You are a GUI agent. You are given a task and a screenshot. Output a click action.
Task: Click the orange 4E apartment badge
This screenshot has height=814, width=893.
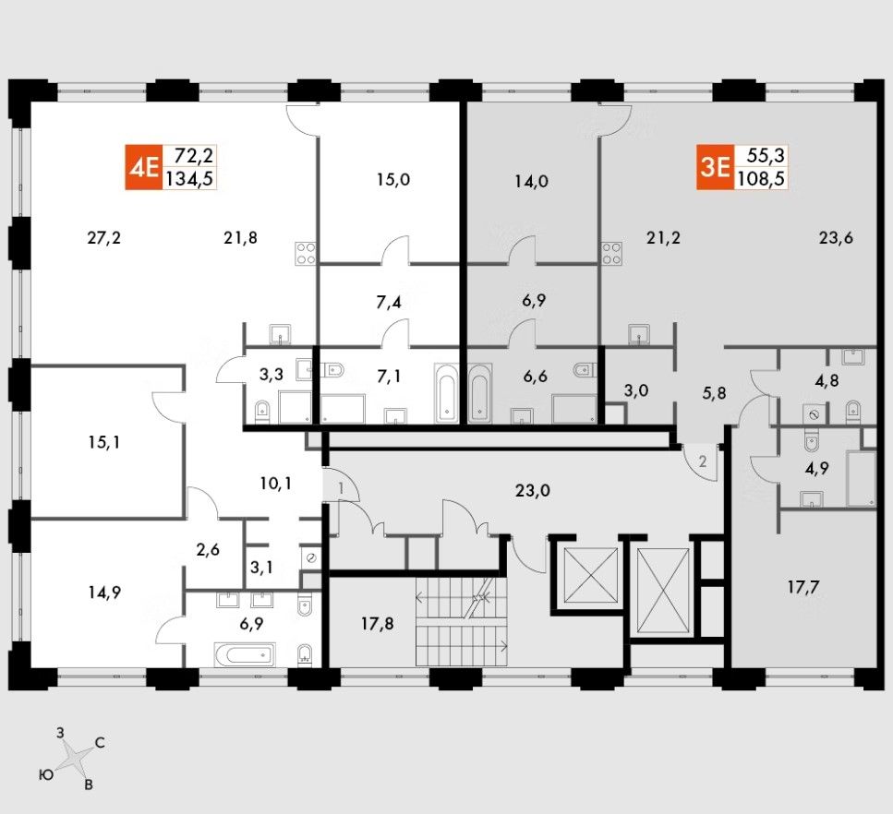click(144, 167)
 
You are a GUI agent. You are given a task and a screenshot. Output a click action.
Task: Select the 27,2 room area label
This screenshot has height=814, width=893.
click(104, 237)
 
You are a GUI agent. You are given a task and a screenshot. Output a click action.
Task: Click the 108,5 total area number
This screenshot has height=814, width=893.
click(762, 179)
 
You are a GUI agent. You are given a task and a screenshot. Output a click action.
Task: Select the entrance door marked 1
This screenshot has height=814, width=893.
click(341, 485)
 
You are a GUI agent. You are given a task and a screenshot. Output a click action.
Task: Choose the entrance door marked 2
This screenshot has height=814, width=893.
click(702, 460)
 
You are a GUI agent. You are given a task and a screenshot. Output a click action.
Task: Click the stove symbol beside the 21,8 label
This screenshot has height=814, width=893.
click(306, 253)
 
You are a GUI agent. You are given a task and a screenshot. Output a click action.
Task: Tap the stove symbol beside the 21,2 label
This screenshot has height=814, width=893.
click(610, 253)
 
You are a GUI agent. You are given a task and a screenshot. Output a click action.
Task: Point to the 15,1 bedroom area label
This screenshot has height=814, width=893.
click(103, 441)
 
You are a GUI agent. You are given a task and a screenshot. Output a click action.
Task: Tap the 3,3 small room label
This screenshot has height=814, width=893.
click(271, 375)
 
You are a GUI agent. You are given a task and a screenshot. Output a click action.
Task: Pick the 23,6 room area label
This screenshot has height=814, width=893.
click(835, 237)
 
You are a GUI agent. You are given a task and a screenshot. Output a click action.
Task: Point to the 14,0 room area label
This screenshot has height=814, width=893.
click(532, 181)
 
